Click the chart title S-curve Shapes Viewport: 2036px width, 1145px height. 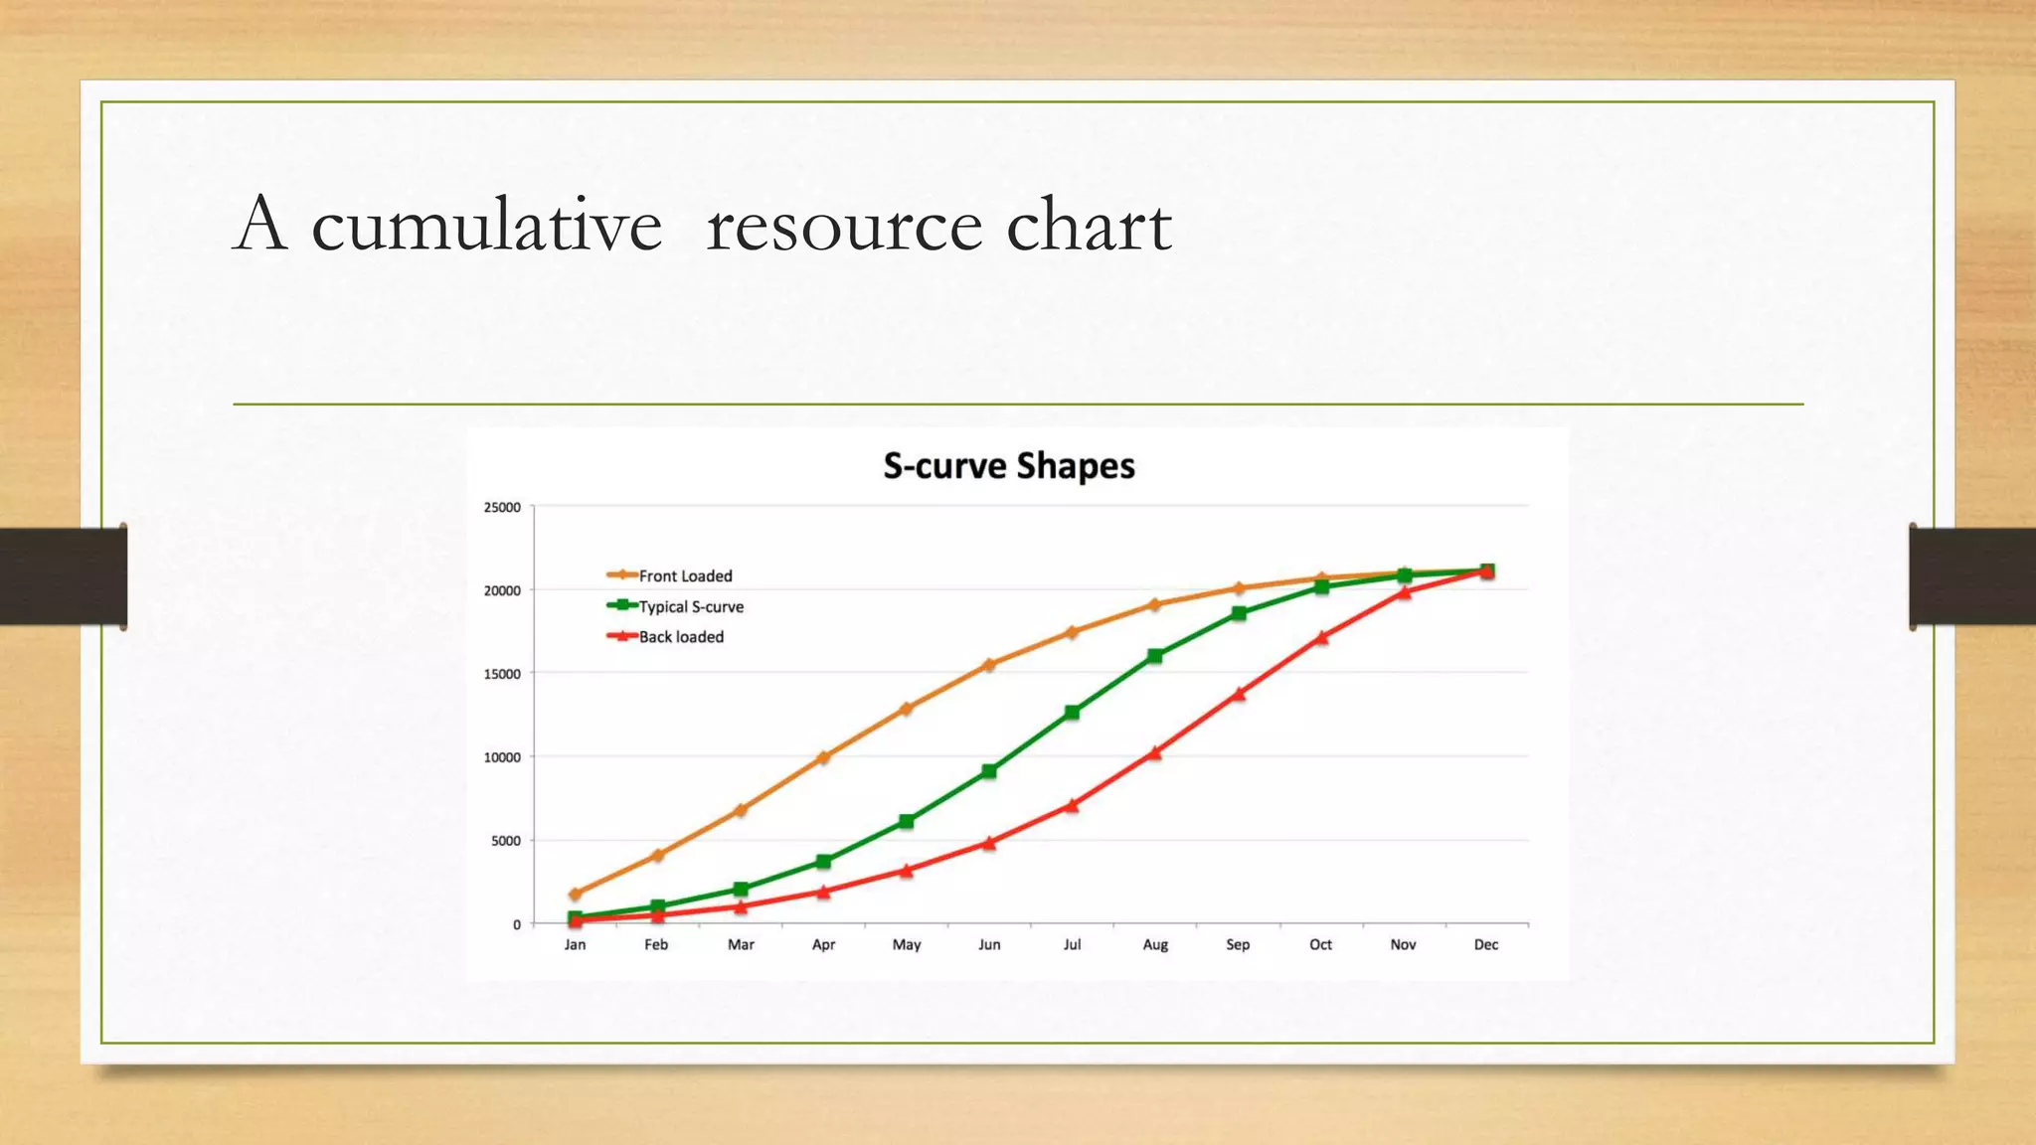coord(1009,466)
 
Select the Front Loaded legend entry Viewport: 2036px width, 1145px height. coord(685,575)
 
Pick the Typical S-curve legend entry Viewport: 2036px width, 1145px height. coord(690,606)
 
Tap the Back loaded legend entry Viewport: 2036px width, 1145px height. coord(681,637)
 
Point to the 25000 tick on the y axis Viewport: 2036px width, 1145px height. coord(502,507)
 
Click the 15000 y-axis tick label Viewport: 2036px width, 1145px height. coord(502,674)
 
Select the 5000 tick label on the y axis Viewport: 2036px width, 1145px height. coord(505,841)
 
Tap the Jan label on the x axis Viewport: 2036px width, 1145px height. coord(575,944)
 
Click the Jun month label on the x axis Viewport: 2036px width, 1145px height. coord(989,944)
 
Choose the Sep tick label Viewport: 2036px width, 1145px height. coord(1238,944)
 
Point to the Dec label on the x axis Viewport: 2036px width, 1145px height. coord(1486,944)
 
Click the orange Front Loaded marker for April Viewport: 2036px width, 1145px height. coord(823,757)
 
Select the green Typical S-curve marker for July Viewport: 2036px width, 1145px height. coord(1072,713)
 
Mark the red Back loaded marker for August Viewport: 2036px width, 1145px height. coord(1155,753)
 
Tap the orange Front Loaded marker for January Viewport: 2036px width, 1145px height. coord(575,894)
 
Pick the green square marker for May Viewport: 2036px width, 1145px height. coord(907,822)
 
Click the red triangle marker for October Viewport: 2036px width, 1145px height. coord(1321,637)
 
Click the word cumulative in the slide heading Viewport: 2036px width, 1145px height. coord(487,226)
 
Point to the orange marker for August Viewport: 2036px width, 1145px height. coord(1155,604)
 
